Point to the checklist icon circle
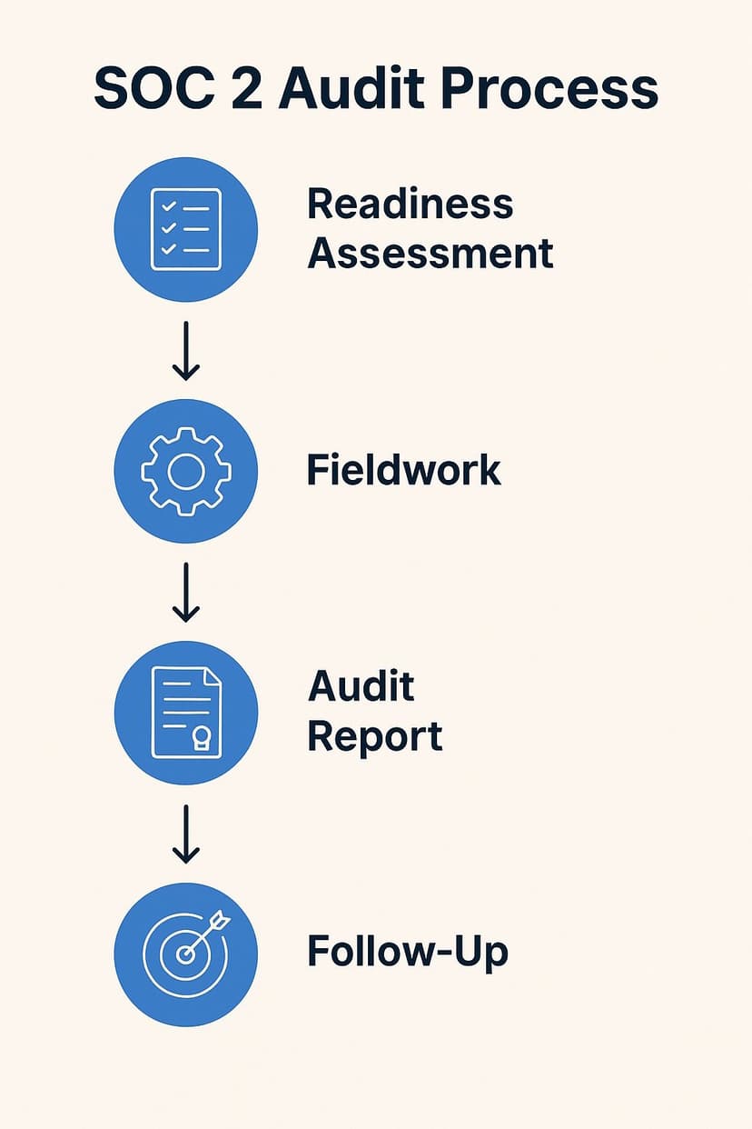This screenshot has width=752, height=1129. (x=185, y=229)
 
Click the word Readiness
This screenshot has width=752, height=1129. (x=410, y=204)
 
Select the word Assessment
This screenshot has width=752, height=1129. (x=430, y=253)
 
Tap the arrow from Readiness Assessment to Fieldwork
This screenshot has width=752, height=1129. (x=185, y=350)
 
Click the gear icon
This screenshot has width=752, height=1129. (x=185, y=471)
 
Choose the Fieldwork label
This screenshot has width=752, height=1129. (x=403, y=470)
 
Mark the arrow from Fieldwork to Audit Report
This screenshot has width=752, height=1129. (x=185, y=592)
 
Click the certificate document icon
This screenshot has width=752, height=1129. (x=185, y=713)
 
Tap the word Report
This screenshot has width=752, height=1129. (x=374, y=736)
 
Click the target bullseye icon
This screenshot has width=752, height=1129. (x=185, y=954)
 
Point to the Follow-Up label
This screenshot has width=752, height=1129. (x=407, y=953)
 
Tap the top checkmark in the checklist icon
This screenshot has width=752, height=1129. (x=168, y=208)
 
